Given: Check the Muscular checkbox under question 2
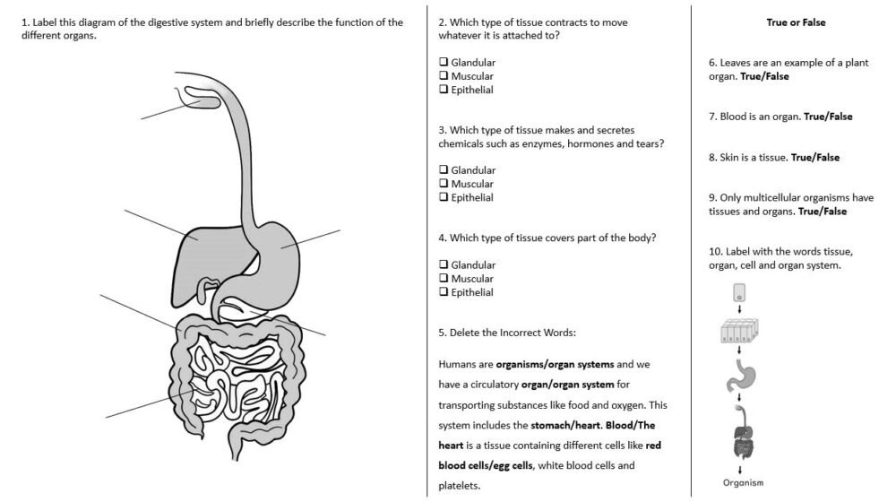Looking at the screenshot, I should pyautogui.click(x=444, y=76).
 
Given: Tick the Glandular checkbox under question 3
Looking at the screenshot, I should pyautogui.click(x=444, y=170).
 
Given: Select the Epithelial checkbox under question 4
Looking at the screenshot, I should pyautogui.click(x=444, y=292).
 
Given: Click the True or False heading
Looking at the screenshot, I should pyautogui.click(x=796, y=22).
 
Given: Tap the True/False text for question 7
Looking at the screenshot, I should pyautogui.click(x=828, y=117).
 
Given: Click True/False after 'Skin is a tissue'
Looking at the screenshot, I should pyautogui.click(x=815, y=158).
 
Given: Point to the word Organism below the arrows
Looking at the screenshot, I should pyautogui.click(x=743, y=483).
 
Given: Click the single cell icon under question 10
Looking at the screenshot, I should pyautogui.click(x=739, y=292).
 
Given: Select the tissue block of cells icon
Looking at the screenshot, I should pyautogui.click(x=739, y=334).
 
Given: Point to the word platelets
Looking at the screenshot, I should pyautogui.click(x=459, y=487).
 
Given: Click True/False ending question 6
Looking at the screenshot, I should pyautogui.click(x=764, y=76).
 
